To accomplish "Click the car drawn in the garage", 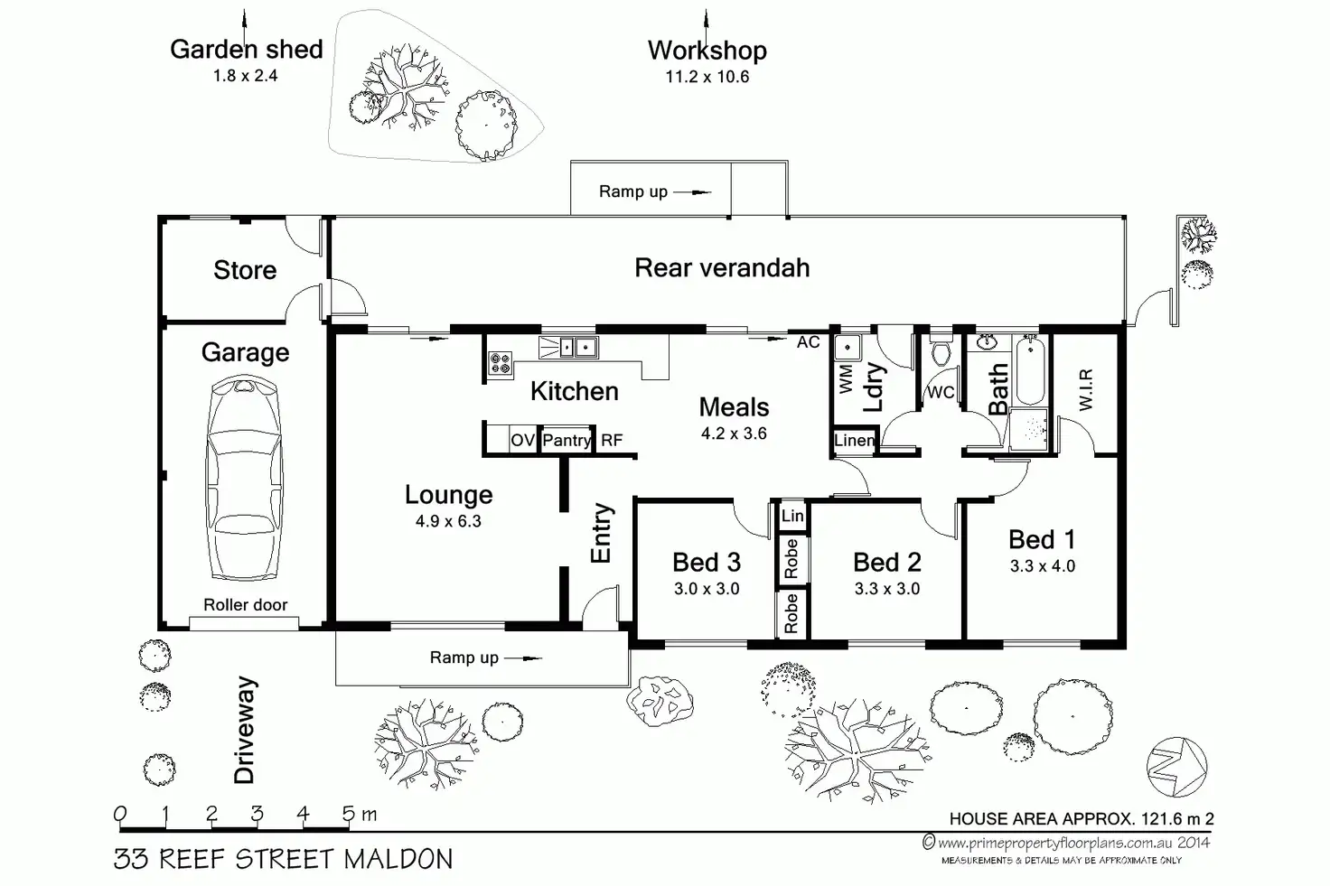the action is tap(244, 478).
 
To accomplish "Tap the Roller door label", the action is tap(245, 605).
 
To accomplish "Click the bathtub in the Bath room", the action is tap(1030, 369).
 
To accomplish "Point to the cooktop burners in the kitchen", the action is tap(500, 363).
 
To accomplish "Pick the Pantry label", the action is tap(567, 440).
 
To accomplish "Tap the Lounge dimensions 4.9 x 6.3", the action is tap(448, 521).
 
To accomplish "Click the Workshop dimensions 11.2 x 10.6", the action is tap(707, 77).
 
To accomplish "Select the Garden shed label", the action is tap(247, 50).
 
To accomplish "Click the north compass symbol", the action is tap(1176, 767).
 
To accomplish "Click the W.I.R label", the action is tap(1085, 389).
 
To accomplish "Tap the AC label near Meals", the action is tap(808, 341).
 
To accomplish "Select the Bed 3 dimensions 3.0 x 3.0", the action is tap(707, 589).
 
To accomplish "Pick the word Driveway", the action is tap(245, 730).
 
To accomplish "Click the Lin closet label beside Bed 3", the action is tap(792, 516).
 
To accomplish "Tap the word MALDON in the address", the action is tap(398, 859).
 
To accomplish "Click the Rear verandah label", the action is tap(722, 267).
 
